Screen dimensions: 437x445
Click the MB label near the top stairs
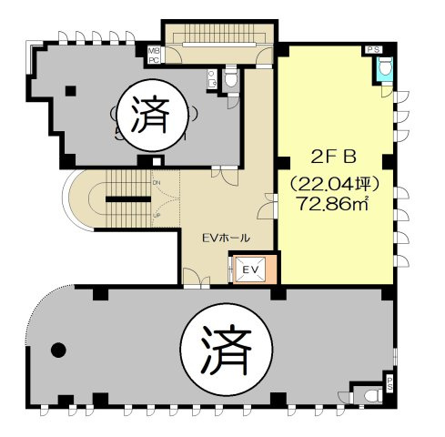[154, 51]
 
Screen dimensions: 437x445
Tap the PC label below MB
[154, 60]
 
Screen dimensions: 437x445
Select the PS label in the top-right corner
[373, 48]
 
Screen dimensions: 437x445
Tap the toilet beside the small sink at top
[231, 81]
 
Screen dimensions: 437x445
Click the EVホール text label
[226, 238]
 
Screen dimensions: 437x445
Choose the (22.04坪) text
[331, 182]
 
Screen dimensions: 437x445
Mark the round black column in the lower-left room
[59, 347]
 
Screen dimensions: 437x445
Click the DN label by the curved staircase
[157, 182]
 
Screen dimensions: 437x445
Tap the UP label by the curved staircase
[157, 215]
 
